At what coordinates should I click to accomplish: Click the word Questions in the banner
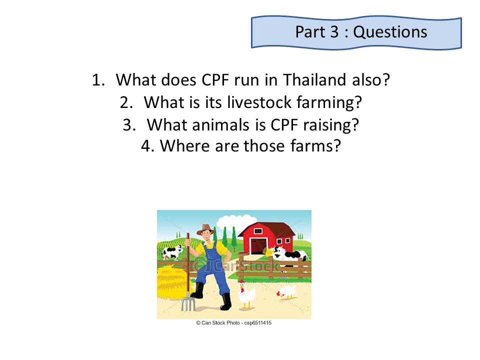390,32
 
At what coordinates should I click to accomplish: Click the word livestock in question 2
259,102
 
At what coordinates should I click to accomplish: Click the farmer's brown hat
205,229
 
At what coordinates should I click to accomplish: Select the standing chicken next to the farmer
246,293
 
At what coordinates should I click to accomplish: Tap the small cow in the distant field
172,252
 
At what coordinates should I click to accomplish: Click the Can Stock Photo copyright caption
233,322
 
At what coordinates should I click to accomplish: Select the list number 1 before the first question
98,80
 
